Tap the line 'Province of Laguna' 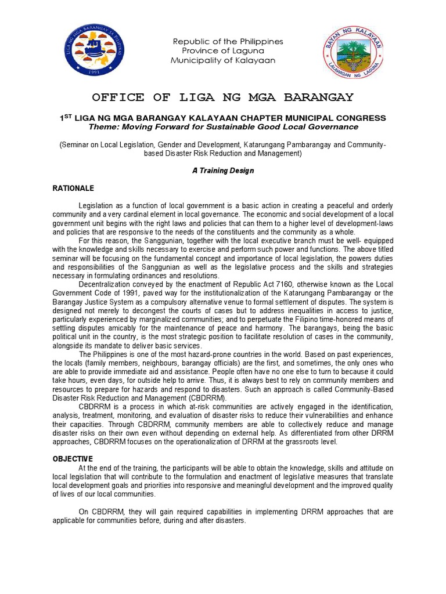click(x=222, y=51)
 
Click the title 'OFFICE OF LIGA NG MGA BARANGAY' click(x=223, y=96)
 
